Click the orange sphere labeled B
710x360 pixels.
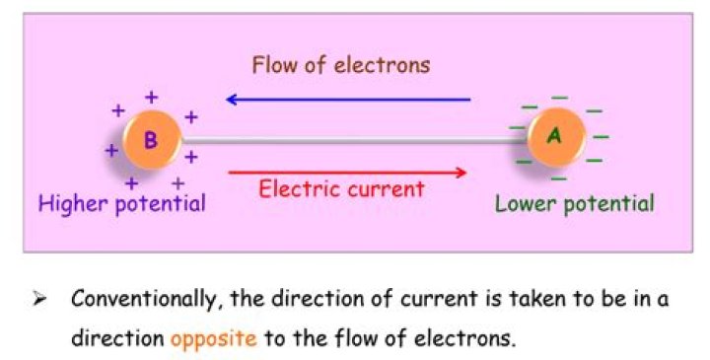pos(150,141)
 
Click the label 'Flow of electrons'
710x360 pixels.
pos(340,66)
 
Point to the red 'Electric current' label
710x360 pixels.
pos(341,188)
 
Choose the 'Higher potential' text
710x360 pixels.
pos(121,204)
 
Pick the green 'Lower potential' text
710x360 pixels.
pos(574,204)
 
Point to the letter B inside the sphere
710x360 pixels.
pos(150,141)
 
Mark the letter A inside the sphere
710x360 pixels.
pos(555,137)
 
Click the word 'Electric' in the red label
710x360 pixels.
pos(295,188)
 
